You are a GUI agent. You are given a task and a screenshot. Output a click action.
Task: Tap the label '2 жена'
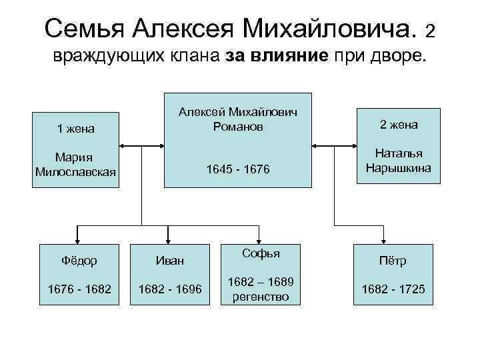tap(398, 124)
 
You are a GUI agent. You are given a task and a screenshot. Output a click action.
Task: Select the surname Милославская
tap(75, 172)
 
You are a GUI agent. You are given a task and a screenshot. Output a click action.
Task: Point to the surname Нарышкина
tap(398, 168)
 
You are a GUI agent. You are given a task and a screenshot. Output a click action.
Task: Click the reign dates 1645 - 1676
tap(238, 171)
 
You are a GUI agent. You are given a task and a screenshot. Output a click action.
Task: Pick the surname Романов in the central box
tap(238, 125)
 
